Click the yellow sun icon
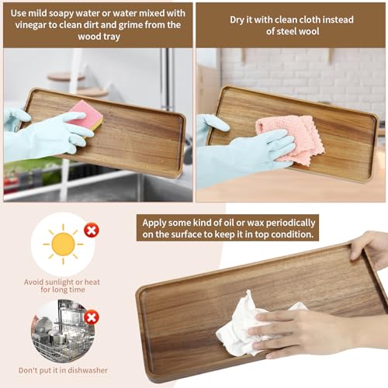click(63, 244)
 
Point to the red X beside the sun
click(92, 230)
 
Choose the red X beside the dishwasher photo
click(92, 317)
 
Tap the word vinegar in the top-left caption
click(37, 25)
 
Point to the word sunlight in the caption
click(69, 281)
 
